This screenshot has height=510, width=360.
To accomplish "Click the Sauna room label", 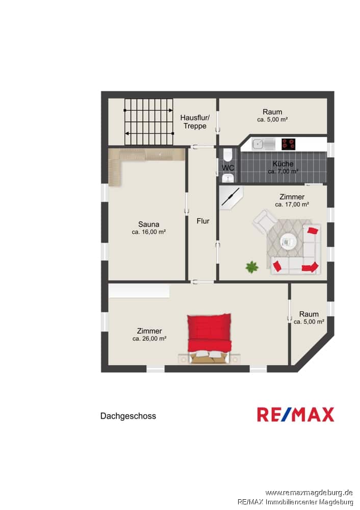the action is [148, 224].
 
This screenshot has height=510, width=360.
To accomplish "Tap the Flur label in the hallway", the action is [203, 221].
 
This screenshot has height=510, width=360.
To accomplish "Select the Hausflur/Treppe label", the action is [195, 122].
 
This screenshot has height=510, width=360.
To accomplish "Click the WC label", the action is [228, 168].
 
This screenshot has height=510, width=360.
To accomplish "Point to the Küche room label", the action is [283, 164].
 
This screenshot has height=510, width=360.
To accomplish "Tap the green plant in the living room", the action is [252, 267].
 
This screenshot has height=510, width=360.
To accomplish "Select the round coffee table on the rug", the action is [289, 242].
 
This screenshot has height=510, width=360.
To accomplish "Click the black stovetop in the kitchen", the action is [289, 144].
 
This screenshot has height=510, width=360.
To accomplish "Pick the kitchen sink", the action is [264, 144].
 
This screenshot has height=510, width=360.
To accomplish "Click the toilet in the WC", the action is [227, 155].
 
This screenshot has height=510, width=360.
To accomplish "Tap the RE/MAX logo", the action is [296, 414].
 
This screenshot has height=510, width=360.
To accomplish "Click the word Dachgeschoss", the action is [128, 416].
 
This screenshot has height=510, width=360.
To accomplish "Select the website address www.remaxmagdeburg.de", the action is [309, 493].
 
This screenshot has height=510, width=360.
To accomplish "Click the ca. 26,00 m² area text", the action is [149, 339].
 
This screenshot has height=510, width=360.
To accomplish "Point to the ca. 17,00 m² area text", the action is [292, 205].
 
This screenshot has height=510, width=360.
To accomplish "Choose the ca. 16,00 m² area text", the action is [148, 232].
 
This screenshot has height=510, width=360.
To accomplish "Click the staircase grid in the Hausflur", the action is [148, 122].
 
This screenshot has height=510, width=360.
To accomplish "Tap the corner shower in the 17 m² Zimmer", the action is [231, 197].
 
